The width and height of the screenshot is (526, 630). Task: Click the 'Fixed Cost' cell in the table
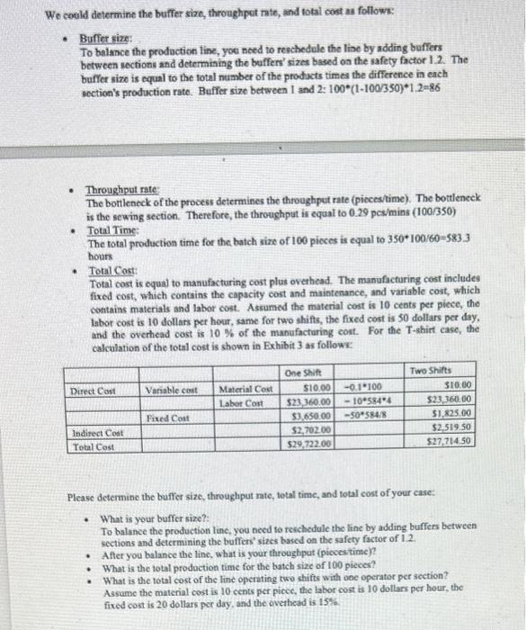[171, 418]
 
